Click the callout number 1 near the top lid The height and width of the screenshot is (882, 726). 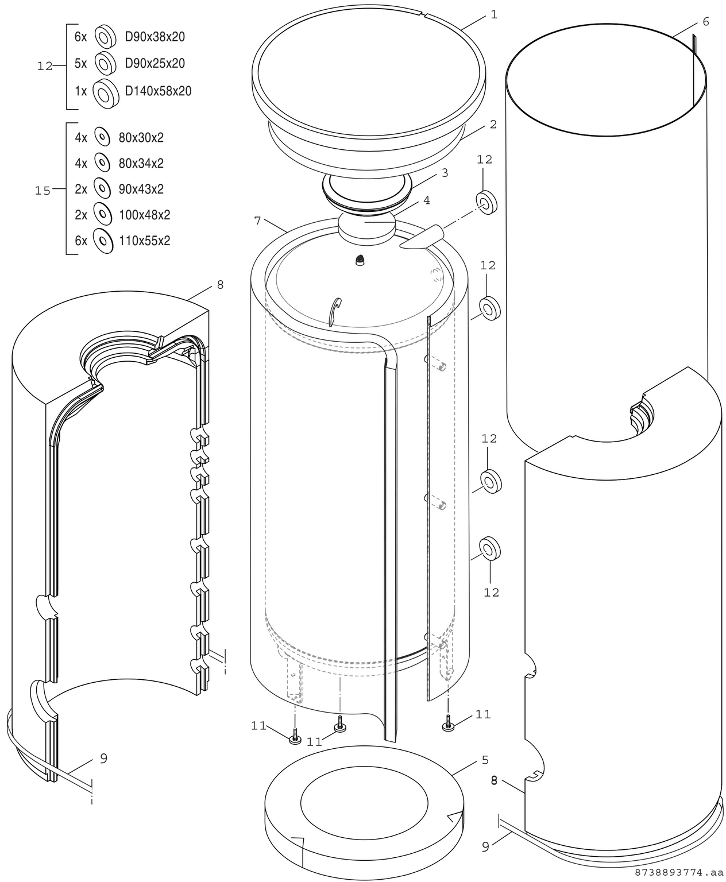point(493,15)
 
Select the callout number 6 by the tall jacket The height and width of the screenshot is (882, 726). point(705,22)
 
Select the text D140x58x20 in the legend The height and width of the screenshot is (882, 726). point(158,91)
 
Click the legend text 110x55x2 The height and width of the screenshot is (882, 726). point(144,241)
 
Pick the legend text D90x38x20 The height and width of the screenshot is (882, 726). point(155,37)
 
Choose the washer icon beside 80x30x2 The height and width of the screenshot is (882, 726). point(102,137)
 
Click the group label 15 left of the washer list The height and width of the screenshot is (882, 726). point(43,191)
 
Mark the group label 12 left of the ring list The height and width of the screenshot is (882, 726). point(45,67)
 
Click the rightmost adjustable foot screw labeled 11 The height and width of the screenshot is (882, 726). point(448,726)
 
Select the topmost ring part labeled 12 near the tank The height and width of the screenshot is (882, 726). point(486,203)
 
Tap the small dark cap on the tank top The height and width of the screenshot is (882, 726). point(361,260)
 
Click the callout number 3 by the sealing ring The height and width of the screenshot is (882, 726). point(445,173)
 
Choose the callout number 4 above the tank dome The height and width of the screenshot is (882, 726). point(426,200)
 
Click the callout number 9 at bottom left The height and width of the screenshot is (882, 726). point(103,759)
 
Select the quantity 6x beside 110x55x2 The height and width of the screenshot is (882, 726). point(81,241)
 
